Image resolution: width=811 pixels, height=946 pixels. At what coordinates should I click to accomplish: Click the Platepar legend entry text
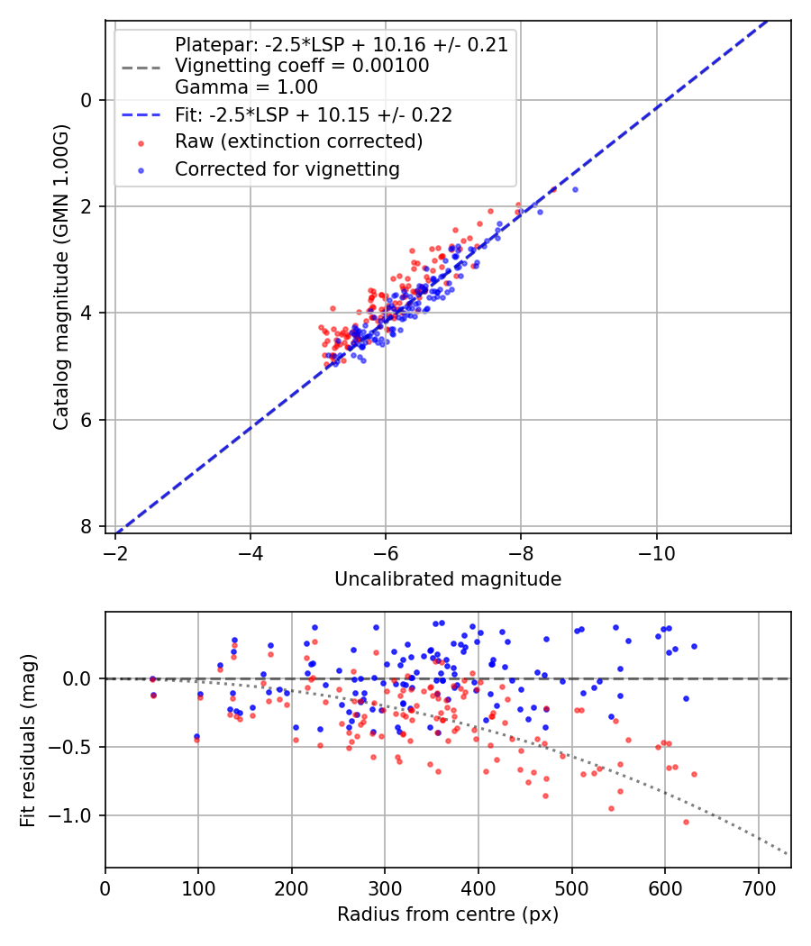point(341,44)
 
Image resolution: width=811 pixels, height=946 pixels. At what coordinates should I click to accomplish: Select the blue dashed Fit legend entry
point(313,114)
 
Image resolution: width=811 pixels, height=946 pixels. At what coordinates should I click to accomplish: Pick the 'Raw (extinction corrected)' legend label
point(298,141)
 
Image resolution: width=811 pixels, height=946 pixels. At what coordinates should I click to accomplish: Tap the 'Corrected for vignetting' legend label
point(287,168)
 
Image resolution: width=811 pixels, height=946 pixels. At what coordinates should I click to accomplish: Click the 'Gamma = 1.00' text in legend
point(246,87)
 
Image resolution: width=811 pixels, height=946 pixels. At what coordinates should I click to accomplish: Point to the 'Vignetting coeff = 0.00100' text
point(302,66)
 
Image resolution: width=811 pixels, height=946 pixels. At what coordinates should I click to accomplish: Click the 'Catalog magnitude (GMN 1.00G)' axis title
point(60,277)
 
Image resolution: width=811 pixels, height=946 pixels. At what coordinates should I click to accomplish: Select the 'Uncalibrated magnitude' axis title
point(448,579)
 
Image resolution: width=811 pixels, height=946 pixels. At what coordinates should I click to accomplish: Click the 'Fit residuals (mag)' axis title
point(28,739)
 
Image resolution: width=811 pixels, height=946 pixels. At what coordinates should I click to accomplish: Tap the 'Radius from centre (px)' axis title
point(448,914)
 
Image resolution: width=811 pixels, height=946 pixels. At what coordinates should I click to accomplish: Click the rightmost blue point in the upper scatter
point(575,189)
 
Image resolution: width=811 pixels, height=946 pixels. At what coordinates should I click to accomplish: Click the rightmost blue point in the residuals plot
point(694,646)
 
